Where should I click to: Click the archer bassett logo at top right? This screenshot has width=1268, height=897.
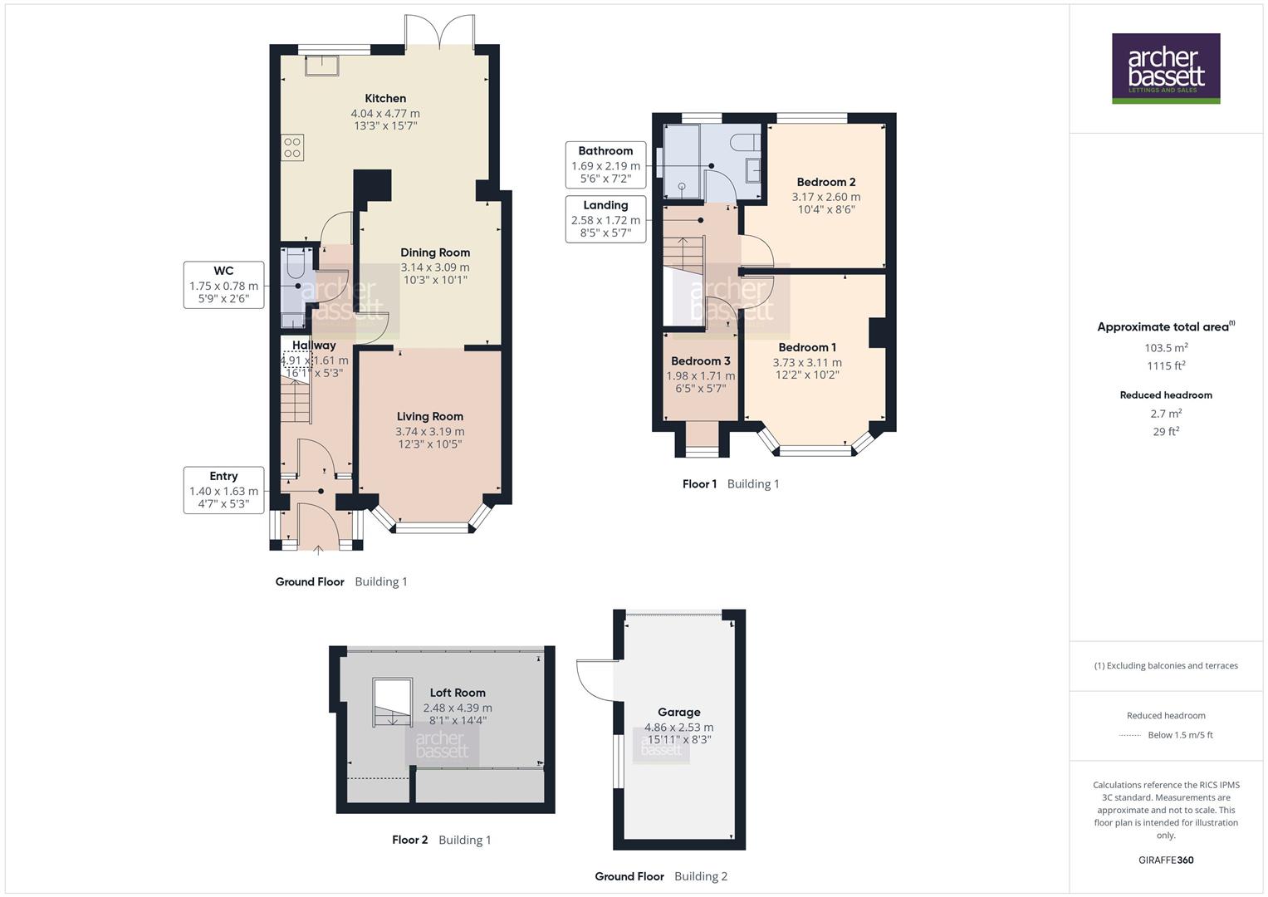point(1166,68)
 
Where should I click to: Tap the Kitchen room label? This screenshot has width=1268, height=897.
point(385,98)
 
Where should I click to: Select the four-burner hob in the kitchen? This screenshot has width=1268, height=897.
point(292,148)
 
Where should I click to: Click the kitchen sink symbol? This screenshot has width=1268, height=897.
point(322,65)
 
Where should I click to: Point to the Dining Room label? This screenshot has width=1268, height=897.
point(435,252)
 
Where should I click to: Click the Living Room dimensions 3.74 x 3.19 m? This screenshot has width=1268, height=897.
point(430,431)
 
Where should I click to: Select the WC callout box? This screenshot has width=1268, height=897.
point(223,285)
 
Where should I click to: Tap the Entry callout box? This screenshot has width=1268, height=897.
point(223,490)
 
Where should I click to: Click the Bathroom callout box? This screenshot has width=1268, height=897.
point(605,165)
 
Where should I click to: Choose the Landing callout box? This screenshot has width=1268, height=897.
point(605,219)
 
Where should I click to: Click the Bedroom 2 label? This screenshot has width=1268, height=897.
point(825,182)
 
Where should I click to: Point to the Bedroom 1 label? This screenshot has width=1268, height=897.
point(807,347)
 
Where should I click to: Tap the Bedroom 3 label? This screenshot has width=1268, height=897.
point(701,360)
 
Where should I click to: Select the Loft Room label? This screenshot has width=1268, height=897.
point(458,693)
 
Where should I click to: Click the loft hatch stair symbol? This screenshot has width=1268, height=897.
point(392,703)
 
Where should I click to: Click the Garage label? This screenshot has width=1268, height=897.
point(678,712)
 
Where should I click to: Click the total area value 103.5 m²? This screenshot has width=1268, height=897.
point(1166,348)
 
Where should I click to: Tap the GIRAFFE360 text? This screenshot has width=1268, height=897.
point(1166,860)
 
